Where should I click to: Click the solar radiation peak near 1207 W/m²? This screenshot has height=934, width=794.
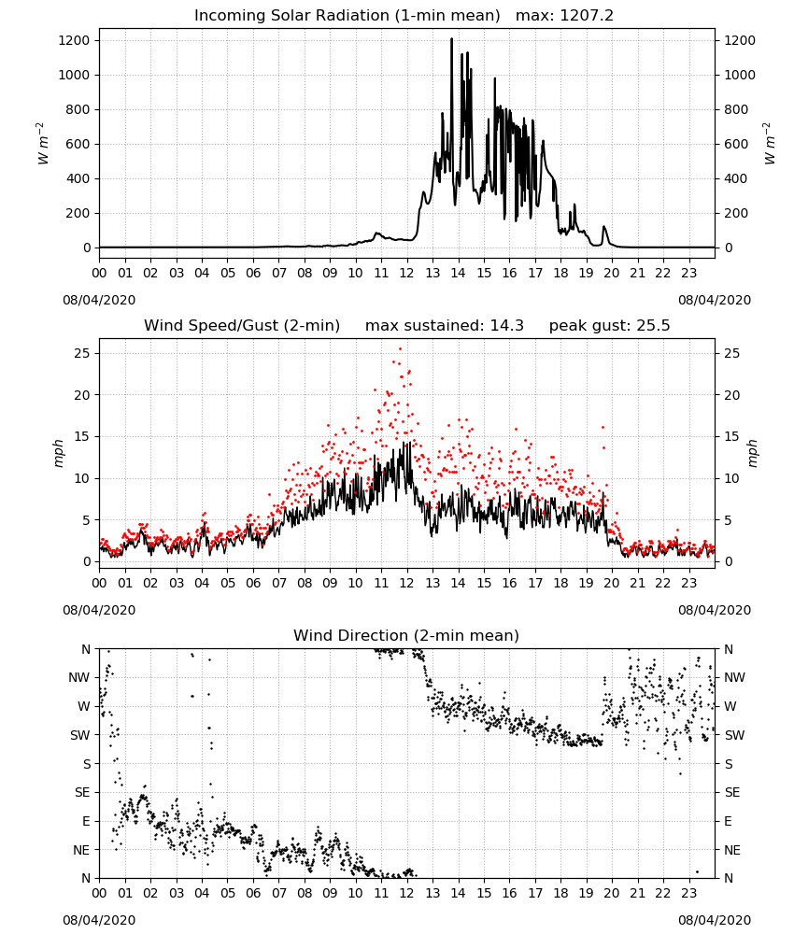click(x=451, y=39)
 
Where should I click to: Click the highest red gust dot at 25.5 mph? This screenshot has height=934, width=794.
click(x=401, y=349)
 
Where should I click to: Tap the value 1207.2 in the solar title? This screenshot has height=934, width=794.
click(x=587, y=16)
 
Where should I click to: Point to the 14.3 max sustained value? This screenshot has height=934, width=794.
click(x=507, y=325)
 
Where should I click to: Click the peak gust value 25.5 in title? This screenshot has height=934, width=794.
click(x=653, y=325)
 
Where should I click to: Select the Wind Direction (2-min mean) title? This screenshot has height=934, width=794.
click(x=406, y=635)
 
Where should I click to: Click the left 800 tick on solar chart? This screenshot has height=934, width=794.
click(x=79, y=109)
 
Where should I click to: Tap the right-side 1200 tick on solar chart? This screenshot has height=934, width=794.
click(x=740, y=40)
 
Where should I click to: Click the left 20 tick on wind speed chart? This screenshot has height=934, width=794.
click(x=83, y=395)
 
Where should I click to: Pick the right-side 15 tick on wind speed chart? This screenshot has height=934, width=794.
click(x=732, y=436)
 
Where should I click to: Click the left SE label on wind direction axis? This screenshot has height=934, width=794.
click(x=82, y=792)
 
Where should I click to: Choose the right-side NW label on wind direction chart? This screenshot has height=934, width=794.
click(x=734, y=677)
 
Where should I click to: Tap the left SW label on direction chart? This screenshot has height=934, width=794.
click(x=80, y=735)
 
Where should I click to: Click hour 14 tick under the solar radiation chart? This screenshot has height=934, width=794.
click(x=458, y=273)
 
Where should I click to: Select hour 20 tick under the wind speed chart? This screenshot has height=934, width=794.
click(x=612, y=583)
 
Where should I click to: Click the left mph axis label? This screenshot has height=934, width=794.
click(x=58, y=453)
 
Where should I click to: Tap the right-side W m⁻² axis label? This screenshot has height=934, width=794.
click(x=769, y=144)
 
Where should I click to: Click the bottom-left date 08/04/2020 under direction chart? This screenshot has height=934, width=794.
click(x=99, y=920)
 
